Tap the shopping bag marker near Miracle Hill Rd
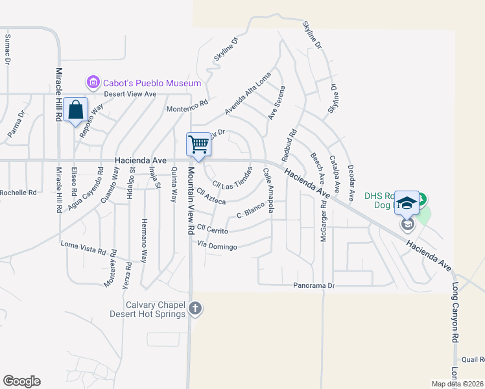coord(76,110)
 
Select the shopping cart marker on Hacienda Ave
coord(198,145)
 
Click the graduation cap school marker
coord(407,203)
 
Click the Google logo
coord(21,381)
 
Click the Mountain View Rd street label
coord(191,200)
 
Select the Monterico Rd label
coord(187,106)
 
